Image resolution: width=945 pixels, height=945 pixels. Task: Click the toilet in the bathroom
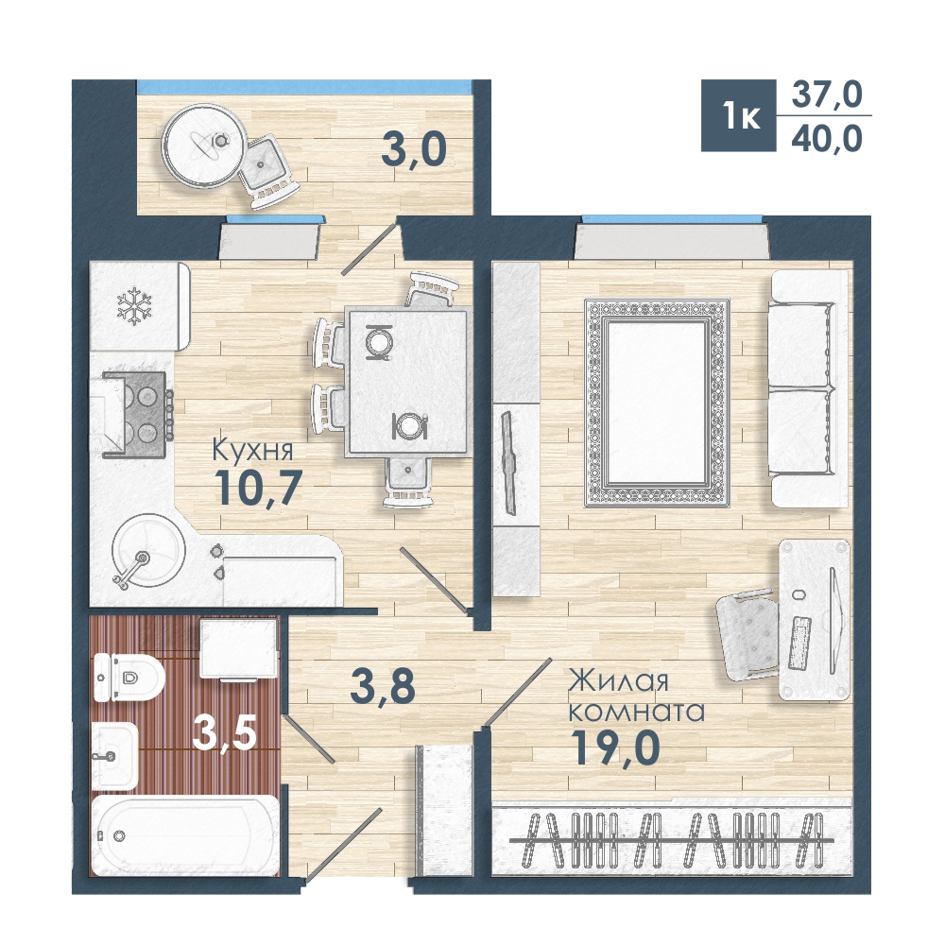pos(128,678)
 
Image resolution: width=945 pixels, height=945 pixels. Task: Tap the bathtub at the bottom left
pos(184,835)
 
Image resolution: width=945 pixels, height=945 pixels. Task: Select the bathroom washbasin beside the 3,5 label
pos(114,756)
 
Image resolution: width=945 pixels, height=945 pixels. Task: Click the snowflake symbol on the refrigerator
pos(134,305)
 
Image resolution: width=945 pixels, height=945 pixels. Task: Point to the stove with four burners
pos(135,415)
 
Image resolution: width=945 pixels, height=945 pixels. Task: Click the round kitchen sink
pos(148,550)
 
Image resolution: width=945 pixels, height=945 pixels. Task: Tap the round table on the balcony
pos(205,146)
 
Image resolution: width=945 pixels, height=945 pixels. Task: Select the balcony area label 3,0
pos(414,149)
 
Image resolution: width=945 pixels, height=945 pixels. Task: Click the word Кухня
pos(253,450)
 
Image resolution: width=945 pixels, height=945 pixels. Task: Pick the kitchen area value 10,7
pos(258,488)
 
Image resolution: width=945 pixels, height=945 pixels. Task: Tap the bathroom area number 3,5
pos(225,733)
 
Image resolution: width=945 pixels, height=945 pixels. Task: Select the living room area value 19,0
pos(615,747)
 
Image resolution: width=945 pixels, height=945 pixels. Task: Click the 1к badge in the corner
pos(739,115)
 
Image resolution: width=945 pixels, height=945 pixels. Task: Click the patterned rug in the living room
pos(657,403)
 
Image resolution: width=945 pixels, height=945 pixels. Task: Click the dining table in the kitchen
pos(407,381)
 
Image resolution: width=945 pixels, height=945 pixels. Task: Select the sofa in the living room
pos(809,388)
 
